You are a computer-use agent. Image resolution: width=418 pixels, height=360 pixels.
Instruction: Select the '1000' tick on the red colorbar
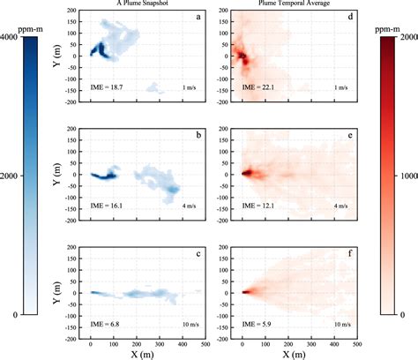click(x=405, y=175)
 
